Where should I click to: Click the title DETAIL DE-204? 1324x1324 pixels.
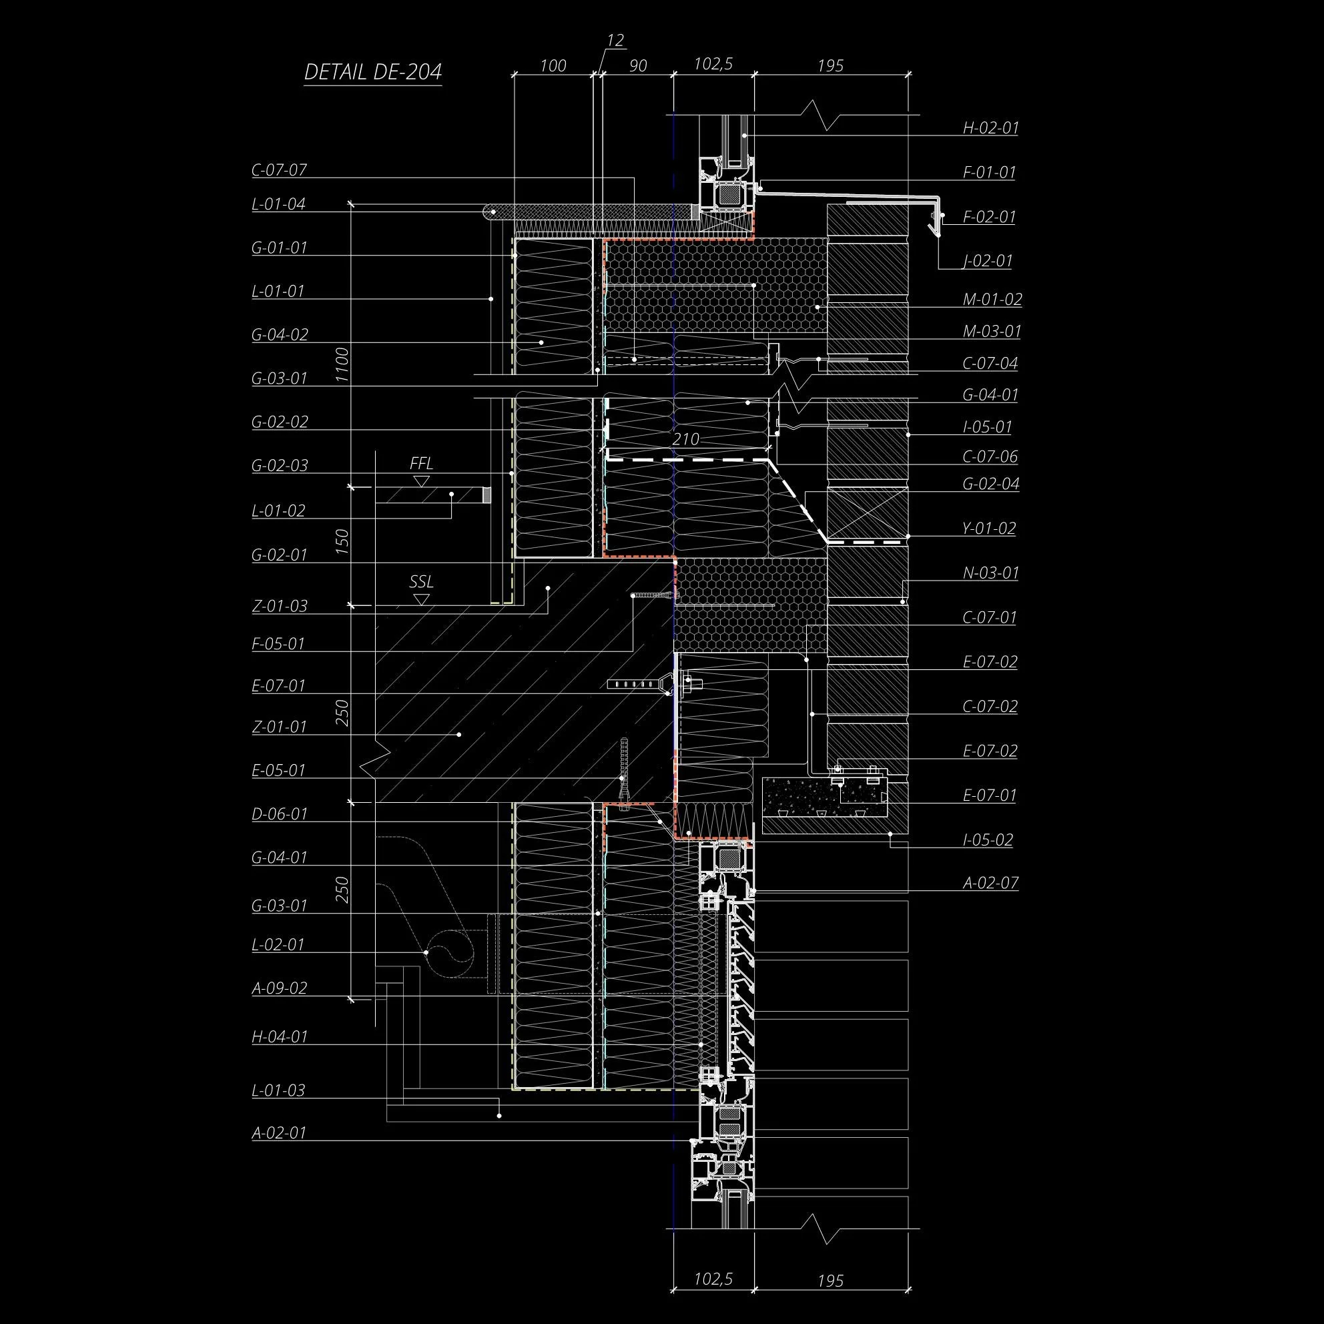tap(373, 73)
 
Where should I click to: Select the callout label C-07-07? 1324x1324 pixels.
tap(278, 170)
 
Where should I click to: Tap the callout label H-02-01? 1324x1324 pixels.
tap(990, 127)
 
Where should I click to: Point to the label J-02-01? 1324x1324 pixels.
tap(987, 261)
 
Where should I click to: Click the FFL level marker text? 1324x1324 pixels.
tap(422, 463)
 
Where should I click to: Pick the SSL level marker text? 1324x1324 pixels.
tap(422, 582)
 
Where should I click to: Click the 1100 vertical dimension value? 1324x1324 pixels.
tap(342, 364)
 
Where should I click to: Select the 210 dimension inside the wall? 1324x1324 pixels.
tap(685, 439)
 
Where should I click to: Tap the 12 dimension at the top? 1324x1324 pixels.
tap(615, 41)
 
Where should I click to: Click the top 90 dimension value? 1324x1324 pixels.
tap(637, 66)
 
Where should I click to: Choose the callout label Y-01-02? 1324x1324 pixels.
tap(989, 529)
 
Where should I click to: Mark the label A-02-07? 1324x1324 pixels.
tap(990, 883)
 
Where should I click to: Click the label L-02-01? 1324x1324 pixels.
tap(278, 944)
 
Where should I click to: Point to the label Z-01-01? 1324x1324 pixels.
tap(279, 727)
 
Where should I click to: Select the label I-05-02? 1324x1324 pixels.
tap(988, 840)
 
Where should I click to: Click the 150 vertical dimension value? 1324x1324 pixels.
tap(343, 541)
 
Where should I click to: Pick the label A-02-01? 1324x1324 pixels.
tap(278, 1132)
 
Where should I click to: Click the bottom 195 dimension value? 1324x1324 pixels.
tap(830, 1281)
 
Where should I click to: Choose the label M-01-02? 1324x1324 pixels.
tap(992, 300)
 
